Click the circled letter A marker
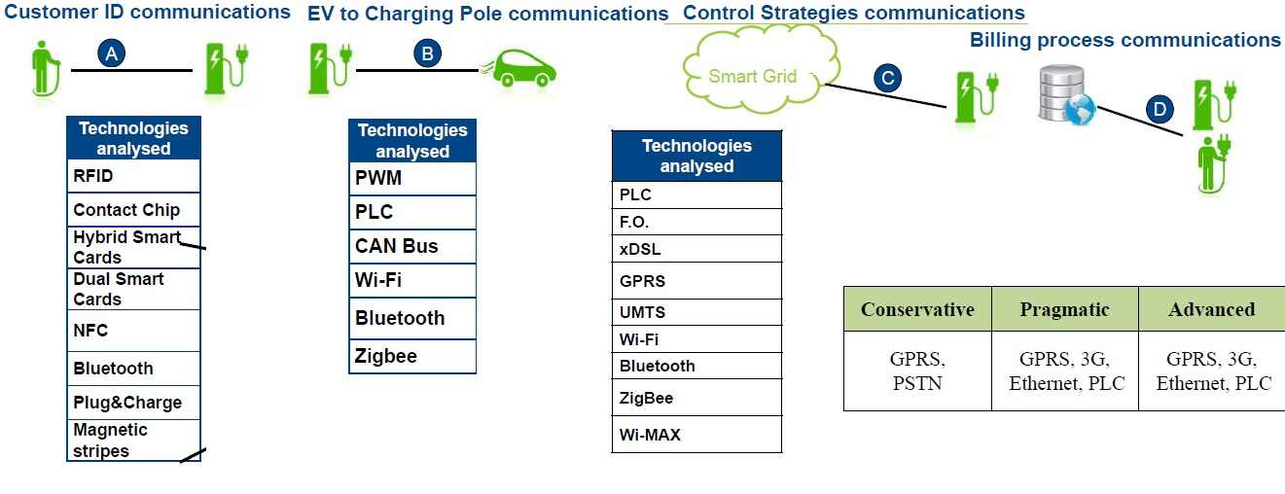(112, 54)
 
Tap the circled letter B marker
(427, 53)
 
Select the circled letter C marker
(887, 78)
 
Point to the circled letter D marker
(1159, 109)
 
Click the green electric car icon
(519, 68)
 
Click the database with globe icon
(1064, 95)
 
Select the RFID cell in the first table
(133, 177)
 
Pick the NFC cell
(133, 331)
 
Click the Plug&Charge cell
(133, 403)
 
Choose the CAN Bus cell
(412, 246)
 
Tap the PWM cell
(412, 178)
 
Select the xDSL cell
(696, 249)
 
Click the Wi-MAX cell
(696, 435)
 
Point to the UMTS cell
(696, 313)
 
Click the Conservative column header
(917, 309)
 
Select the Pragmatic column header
(1064, 309)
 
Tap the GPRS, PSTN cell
(917, 370)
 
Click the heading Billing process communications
(1124, 40)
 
